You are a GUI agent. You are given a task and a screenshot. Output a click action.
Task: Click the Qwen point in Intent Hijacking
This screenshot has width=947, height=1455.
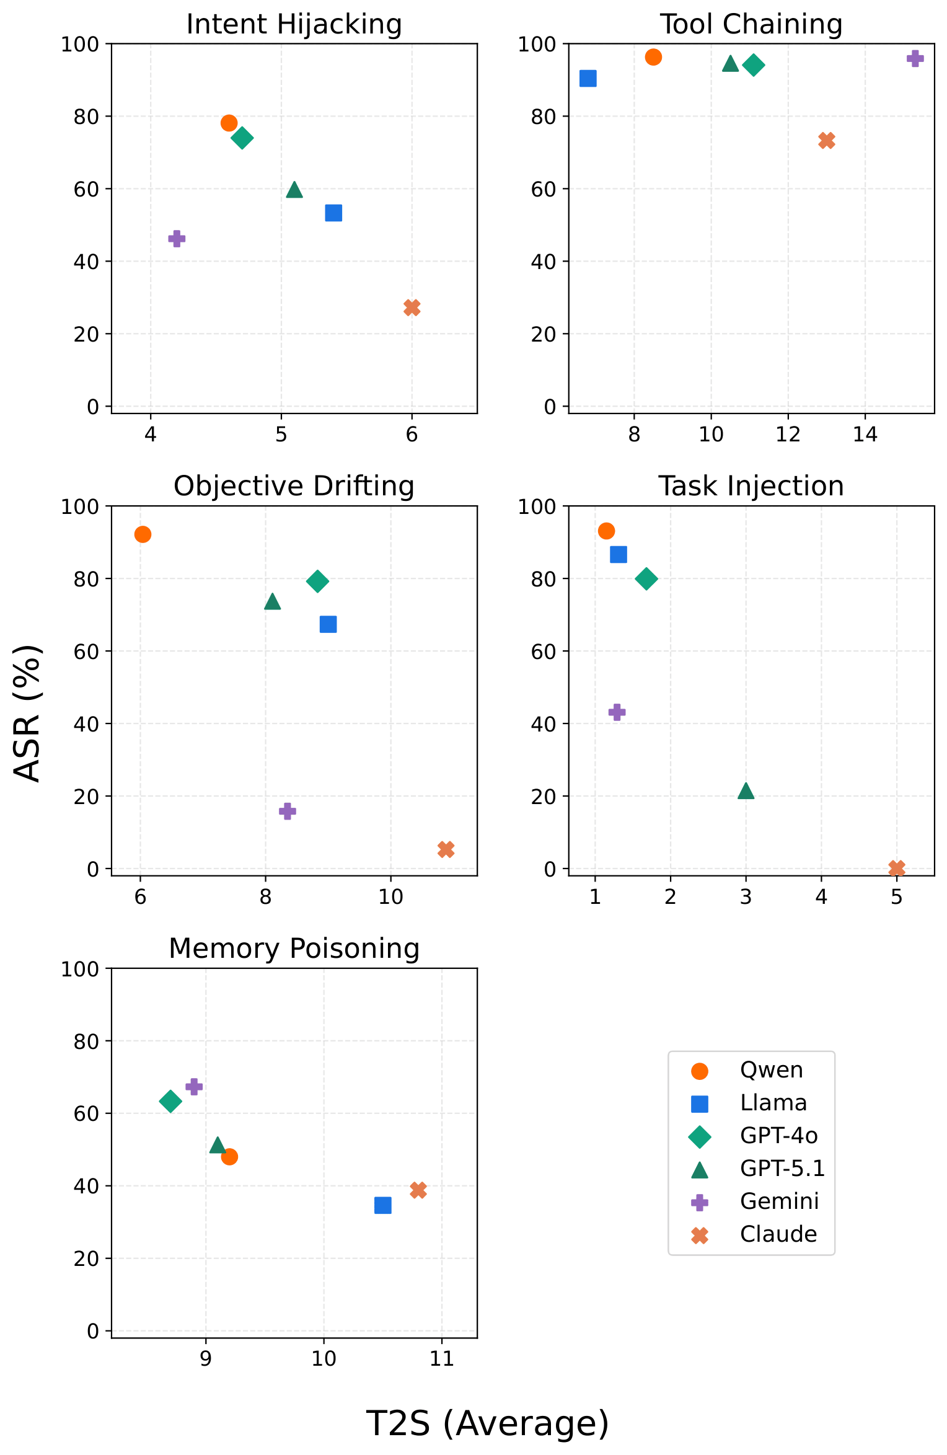(x=229, y=123)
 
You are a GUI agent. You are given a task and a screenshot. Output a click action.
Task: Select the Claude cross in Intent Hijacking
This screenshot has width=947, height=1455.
(x=412, y=307)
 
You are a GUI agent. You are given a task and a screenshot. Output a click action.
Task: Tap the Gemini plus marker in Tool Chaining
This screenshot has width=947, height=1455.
(x=915, y=58)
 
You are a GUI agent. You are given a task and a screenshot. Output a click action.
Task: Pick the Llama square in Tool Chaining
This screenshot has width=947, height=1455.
(x=588, y=79)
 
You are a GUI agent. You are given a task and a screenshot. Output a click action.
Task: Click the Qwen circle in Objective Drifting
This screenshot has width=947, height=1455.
(x=143, y=534)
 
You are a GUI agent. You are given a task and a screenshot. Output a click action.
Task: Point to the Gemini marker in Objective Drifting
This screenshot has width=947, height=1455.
(x=287, y=811)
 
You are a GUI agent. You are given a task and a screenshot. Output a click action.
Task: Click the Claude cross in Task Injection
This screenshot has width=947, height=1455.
(x=896, y=868)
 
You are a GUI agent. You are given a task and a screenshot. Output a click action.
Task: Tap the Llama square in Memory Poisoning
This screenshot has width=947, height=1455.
(x=383, y=1205)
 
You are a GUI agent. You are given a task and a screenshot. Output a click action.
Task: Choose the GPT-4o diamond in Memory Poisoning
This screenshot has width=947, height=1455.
(x=170, y=1102)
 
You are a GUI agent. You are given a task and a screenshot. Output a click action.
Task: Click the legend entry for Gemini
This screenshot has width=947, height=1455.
(x=779, y=1201)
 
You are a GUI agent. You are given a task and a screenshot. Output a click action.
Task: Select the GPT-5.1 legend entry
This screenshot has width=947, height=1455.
(x=782, y=1168)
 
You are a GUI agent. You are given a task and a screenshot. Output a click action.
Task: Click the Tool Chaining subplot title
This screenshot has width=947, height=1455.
(x=751, y=25)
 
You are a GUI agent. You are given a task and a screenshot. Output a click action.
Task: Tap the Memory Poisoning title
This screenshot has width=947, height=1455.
(x=294, y=949)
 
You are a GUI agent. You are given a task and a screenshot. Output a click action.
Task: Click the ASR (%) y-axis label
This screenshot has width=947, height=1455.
(x=28, y=713)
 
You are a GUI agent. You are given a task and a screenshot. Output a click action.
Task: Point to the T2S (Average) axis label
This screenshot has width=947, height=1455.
(x=488, y=1423)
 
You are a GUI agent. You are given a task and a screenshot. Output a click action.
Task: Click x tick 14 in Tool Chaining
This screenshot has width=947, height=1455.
(x=865, y=435)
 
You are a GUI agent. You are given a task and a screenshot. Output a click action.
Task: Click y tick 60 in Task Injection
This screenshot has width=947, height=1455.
(x=544, y=651)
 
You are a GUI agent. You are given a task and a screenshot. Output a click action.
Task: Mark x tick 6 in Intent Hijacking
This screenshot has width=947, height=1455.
(x=412, y=435)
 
